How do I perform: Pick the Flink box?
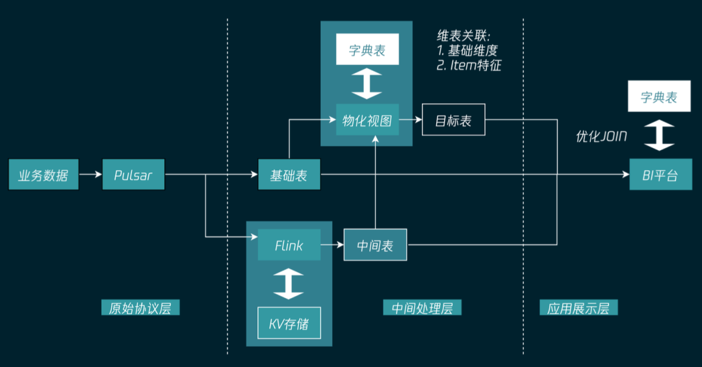pyautogui.click(x=289, y=246)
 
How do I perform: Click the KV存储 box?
pyautogui.click(x=289, y=323)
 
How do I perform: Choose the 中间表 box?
pyautogui.click(x=375, y=246)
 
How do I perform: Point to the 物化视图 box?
pyautogui.click(x=367, y=120)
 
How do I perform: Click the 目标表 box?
pyautogui.click(x=453, y=120)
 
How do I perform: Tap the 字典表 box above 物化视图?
pyautogui.click(x=367, y=50)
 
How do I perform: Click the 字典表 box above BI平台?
pyautogui.click(x=658, y=97)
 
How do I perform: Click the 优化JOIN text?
pyautogui.click(x=601, y=136)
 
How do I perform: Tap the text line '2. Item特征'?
pyautogui.click(x=469, y=65)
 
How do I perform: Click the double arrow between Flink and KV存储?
pyautogui.click(x=289, y=285)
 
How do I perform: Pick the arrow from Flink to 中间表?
pyautogui.click(x=332, y=246)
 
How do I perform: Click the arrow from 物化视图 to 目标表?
pyautogui.click(x=410, y=120)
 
